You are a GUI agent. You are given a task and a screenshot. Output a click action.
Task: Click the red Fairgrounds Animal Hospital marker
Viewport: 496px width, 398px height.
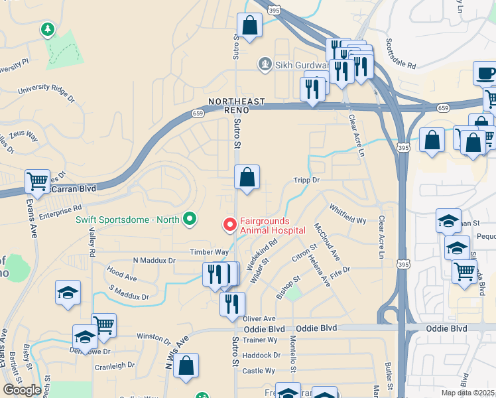pos(230,225)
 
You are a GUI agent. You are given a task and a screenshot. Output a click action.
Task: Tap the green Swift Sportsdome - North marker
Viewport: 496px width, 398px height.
pos(190,219)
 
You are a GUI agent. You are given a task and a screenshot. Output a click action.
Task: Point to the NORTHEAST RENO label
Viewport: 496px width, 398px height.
pos(237,105)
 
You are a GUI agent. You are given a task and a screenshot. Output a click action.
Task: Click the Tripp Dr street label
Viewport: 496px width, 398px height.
pos(306,180)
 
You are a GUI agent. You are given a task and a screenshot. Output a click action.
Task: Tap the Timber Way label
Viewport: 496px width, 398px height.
pos(209,252)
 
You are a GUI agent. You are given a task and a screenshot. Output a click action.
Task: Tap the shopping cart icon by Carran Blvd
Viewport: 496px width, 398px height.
pos(37,180)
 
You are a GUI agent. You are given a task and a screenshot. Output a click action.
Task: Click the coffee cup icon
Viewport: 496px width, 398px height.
pos(485,73)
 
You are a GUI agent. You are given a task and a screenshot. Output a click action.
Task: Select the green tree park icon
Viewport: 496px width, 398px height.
pos(47,29)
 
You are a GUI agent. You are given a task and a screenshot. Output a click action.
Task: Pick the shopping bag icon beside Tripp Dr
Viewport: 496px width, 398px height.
pos(247,177)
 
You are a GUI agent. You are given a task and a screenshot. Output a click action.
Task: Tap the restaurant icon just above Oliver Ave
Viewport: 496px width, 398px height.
pos(232,304)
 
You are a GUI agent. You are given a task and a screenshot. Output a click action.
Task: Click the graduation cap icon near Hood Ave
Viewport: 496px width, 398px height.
pos(68,293)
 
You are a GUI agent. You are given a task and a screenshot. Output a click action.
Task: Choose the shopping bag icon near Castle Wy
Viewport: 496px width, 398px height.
pos(186,365)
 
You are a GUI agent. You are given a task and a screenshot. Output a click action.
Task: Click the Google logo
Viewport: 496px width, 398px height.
pos(22,389)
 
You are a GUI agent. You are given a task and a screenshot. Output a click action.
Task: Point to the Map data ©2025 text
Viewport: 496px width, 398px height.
pos(468,393)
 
